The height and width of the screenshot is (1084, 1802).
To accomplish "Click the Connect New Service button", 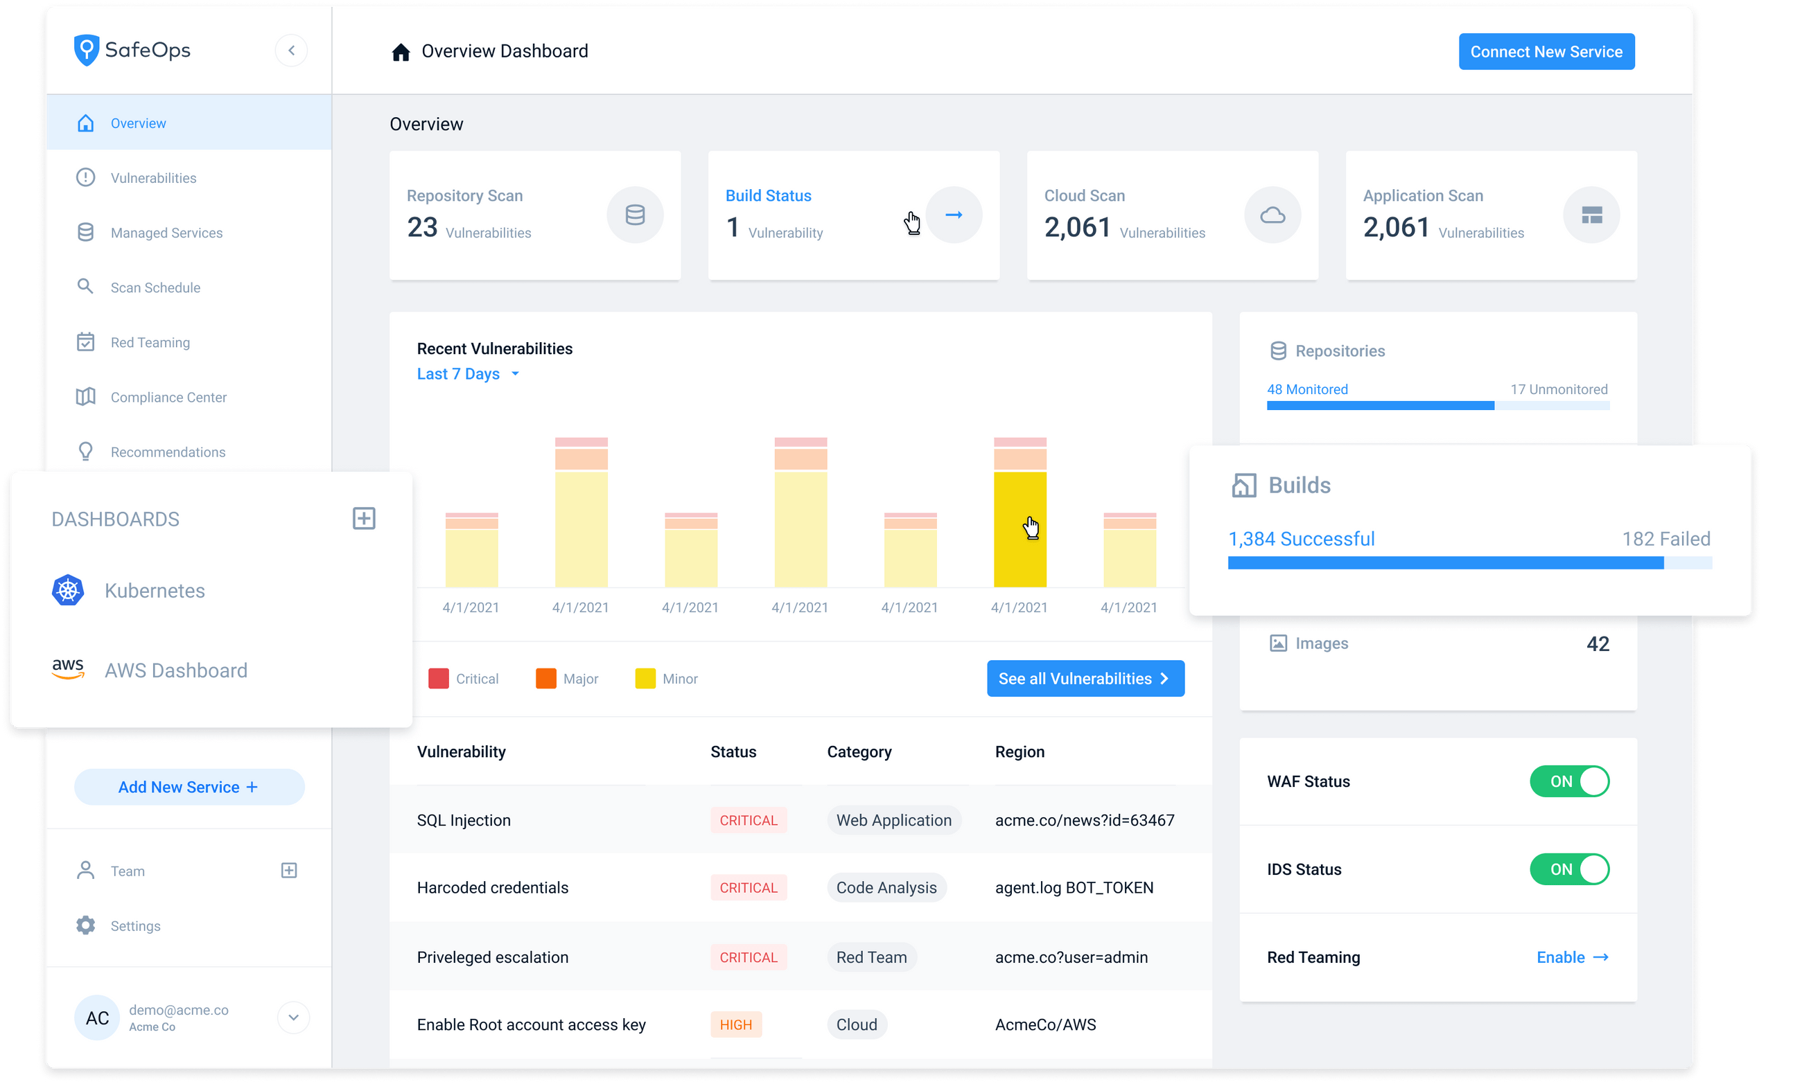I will tap(1546, 52).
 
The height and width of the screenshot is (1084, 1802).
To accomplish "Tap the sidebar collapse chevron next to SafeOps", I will tap(292, 51).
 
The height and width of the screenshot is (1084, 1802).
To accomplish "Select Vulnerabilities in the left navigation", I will tap(152, 178).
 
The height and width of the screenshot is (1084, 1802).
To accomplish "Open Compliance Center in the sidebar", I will tap(168, 398).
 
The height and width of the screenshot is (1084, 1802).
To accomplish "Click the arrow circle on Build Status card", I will tap(953, 215).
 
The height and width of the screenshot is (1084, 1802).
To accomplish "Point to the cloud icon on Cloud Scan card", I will tap(1272, 215).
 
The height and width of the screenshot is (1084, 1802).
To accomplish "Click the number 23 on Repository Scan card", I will tap(422, 227).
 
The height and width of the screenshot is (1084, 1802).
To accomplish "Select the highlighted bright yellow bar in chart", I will tap(1020, 529).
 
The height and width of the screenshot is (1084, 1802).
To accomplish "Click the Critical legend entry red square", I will tap(439, 679).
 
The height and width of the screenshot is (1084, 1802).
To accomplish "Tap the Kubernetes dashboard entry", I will tap(154, 590).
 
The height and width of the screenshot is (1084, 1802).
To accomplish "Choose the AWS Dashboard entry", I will tap(175, 670).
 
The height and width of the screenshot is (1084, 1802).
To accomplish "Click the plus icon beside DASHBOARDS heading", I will tap(364, 519).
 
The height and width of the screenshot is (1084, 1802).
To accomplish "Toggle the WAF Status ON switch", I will tap(1569, 781).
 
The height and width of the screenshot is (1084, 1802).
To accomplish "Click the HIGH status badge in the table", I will tap(735, 1025).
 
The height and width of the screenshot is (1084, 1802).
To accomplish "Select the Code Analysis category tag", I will tap(886, 887).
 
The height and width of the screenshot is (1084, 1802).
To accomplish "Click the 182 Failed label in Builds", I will tap(1665, 539).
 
